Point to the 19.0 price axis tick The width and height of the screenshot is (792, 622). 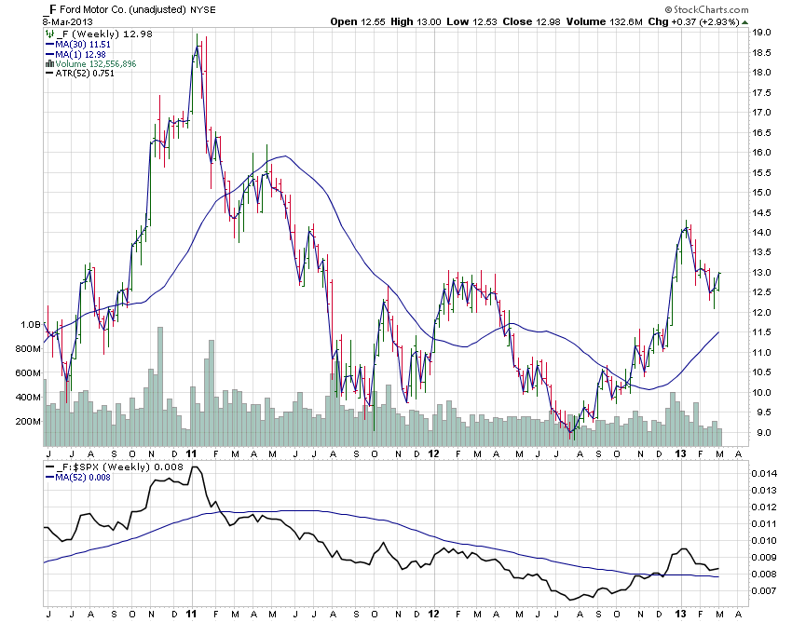tap(761, 33)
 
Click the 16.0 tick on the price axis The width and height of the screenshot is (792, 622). tap(761, 153)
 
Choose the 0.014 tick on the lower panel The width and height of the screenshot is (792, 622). tap(764, 474)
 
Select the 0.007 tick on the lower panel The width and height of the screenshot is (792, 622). tap(764, 591)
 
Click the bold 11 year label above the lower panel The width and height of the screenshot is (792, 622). tap(191, 453)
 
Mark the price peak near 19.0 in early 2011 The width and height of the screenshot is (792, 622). tap(197, 35)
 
